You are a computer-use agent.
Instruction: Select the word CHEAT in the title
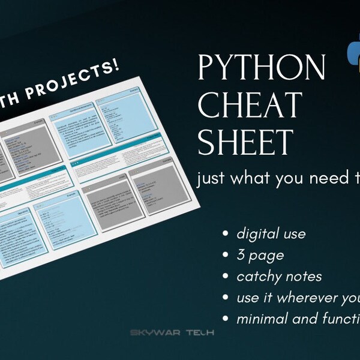pos(249,106)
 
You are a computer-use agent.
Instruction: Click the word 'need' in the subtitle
pos(312,178)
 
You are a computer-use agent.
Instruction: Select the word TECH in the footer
pos(199,332)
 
